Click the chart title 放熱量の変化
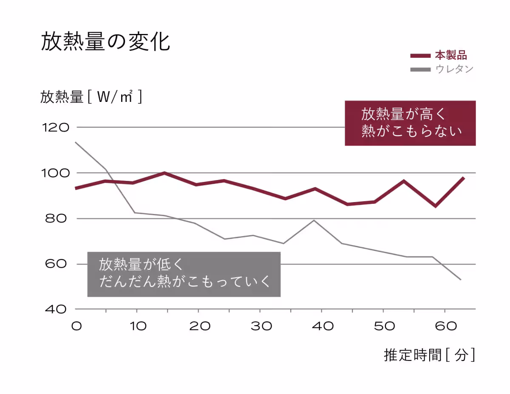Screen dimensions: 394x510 (x=105, y=42)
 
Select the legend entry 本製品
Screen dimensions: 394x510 (x=450, y=55)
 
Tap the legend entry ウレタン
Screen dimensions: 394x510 (x=454, y=69)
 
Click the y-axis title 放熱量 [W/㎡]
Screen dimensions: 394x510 (x=91, y=97)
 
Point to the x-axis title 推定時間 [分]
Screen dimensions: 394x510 (x=429, y=355)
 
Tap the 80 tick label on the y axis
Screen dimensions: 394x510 (x=55, y=219)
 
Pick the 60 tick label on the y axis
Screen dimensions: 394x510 (x=55, y=264)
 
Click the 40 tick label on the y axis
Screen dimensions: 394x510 (x=55, y=309)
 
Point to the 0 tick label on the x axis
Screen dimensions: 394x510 (x=76, y=326)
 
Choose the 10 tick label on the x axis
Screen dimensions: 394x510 (x=138, y=326)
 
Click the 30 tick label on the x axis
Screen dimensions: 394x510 (x=261, y=326)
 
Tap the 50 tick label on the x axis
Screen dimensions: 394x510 (x=383, y=326)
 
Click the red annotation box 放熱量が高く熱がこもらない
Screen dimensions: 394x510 (x=410, y=123)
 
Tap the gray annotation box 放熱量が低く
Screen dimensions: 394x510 (x=184, y=274)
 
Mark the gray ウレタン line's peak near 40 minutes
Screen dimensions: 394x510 (x=314, y=220)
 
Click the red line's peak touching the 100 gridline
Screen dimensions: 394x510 (x=164, y=173)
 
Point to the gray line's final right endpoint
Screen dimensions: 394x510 (x=461, y=279)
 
